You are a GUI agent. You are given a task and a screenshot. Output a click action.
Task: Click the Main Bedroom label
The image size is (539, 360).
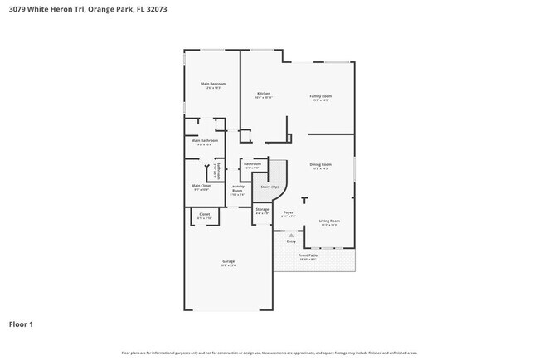(213, 84)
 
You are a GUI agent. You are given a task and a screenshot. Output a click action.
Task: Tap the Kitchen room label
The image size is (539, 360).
(264, 95)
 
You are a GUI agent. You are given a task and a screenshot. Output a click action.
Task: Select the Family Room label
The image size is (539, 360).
(321, 96)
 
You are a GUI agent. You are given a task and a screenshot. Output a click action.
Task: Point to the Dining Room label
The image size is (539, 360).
(321, 164)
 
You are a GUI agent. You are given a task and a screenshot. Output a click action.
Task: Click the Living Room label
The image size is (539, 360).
(329, 221)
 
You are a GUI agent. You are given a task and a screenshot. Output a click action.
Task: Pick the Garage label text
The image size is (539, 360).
(228, 262)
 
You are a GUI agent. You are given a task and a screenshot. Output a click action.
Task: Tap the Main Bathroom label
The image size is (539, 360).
(204, 141)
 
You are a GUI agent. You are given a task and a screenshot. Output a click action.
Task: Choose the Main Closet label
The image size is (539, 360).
(202, 186)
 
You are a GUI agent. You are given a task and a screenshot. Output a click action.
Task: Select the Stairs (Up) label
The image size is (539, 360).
(269, 187)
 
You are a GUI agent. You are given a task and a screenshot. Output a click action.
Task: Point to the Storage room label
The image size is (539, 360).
(262, 210)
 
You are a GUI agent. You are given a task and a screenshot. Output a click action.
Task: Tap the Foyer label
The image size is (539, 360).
(289, 213)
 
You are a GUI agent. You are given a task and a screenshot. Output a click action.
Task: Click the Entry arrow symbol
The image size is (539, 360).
(291, 236)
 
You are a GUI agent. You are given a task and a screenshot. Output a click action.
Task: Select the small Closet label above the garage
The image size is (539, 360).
(204, 214)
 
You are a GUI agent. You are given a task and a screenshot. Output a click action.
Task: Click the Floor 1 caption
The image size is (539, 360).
(22, 324)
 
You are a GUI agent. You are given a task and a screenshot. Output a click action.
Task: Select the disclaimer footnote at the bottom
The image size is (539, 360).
(269, 352)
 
